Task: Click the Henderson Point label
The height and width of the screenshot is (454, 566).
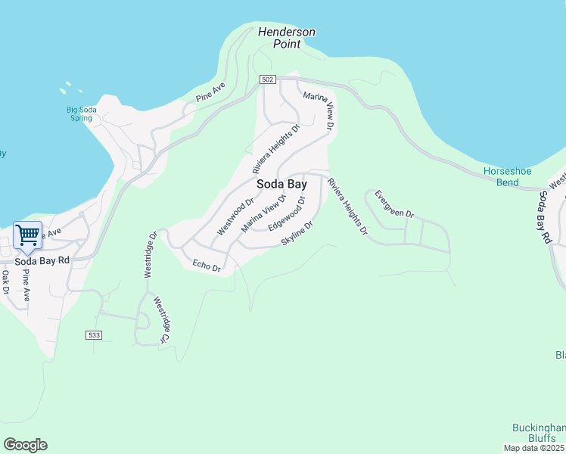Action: (x=286, y=38)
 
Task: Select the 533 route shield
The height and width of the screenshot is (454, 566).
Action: (x=93, y=334)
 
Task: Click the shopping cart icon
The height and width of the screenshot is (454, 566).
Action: (x=27, y=235)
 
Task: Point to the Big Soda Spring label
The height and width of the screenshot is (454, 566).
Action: (x=81, y=113)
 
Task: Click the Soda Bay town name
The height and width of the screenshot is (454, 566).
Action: (x=281, y=184)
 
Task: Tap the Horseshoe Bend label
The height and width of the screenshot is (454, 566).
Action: (x=502, y=176)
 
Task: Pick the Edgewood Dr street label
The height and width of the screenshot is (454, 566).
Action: (x=286, y=215)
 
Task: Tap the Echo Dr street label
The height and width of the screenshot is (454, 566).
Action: (x=206, y=266)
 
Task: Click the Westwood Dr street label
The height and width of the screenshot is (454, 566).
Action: (x=235, y=216)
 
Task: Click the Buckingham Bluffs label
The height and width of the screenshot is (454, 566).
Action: (x=539, y=433)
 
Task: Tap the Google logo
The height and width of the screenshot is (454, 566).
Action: (x=25, y=445)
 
